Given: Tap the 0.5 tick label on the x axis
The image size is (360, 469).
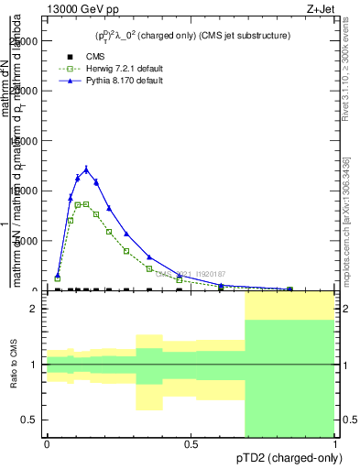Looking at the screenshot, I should pos(191,443).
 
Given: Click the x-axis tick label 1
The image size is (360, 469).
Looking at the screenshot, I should pos(334,443).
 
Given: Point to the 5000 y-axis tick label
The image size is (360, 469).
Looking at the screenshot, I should pos(29,241).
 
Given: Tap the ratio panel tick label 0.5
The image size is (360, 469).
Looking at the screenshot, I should pos(31,420).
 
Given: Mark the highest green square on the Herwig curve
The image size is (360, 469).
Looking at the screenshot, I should pos(86,203).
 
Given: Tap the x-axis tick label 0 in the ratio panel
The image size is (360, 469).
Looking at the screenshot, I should pos(47,443).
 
